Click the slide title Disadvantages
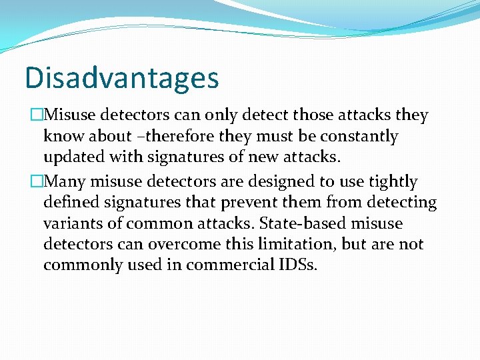tap(121, 77)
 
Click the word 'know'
tap(65, 137)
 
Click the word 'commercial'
tap(227, 266)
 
